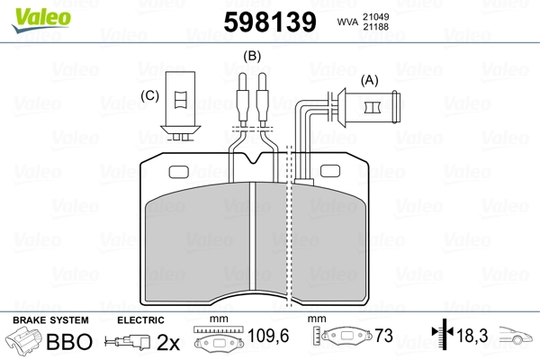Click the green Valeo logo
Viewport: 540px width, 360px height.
pyautogui.click(x=41, y=19)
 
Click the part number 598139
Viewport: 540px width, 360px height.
pyautogui.click(x=270, y=22)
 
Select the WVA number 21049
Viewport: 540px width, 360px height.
pyautogui.click(x=375, y=16)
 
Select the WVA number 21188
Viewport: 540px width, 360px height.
pyautogui.click(x=375, y=26)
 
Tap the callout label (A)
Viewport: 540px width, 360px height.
pyautogui.click(x=369, y=80)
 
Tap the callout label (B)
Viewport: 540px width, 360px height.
pyautogui.click(x=252, y=56)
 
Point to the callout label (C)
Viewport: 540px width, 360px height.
pyautogui.click(x=149, y=95)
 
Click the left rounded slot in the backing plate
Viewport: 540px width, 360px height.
pyautogui.click(x=179, y=172)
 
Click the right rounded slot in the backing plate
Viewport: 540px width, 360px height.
pyautogui.click(x=330, y=171)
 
